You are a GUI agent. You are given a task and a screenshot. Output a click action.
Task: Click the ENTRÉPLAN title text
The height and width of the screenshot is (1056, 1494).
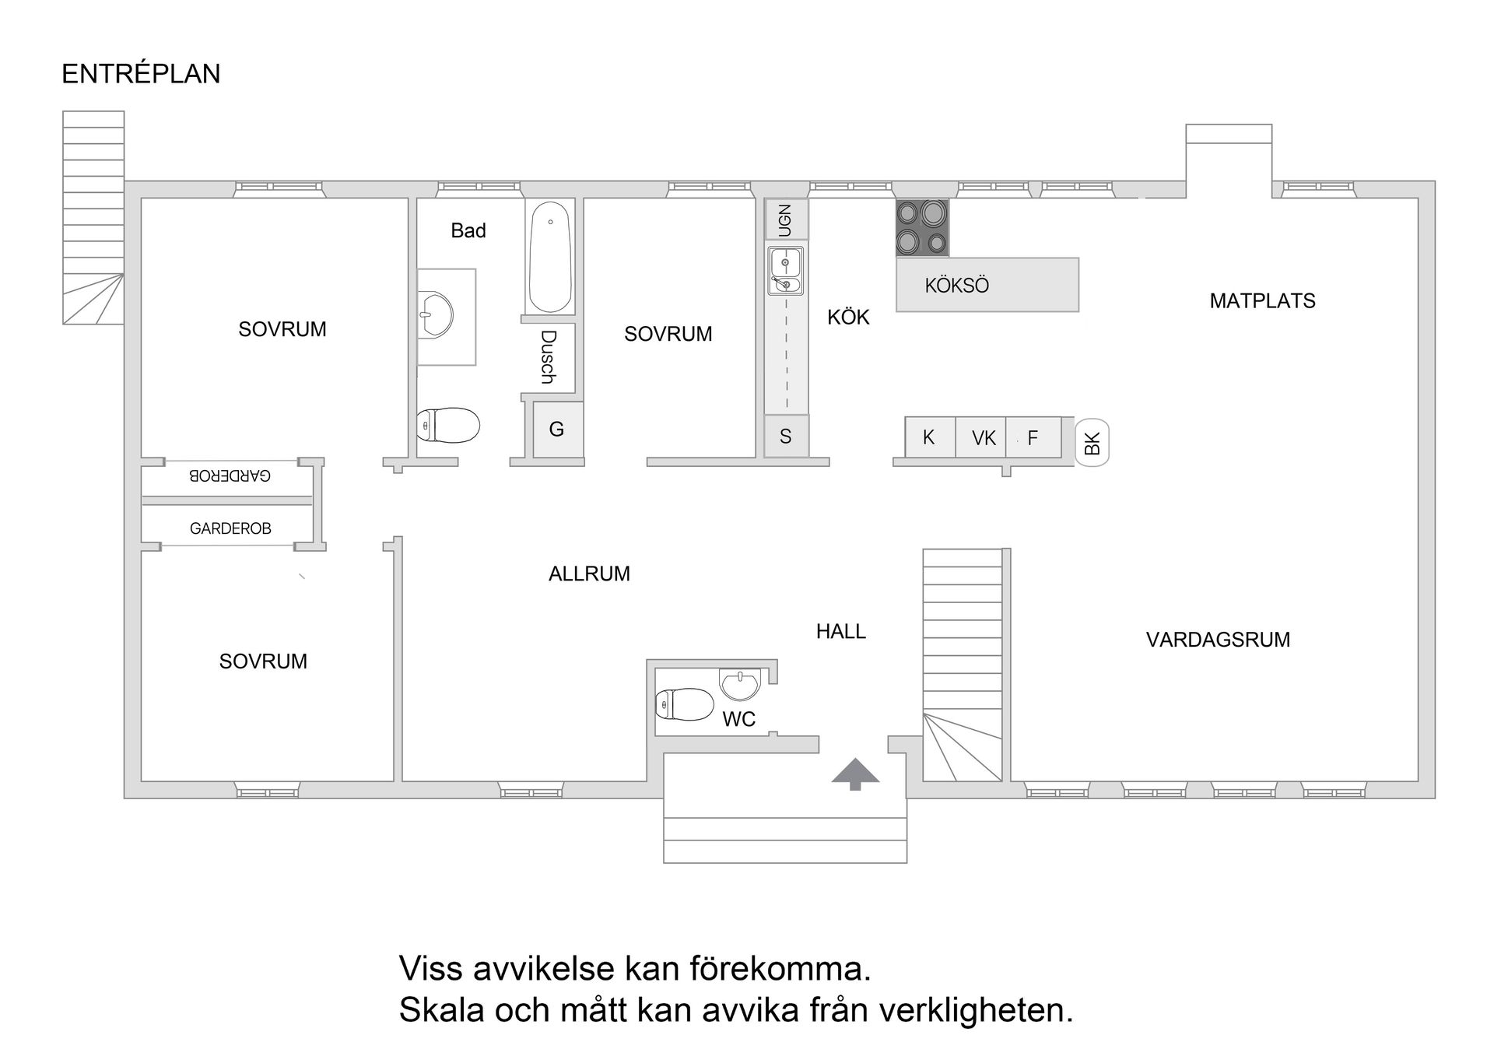pos(141,74)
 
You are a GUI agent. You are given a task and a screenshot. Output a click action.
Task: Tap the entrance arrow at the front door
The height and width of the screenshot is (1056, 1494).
pos(855,773)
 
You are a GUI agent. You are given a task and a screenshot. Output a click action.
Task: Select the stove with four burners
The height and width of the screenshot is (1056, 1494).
pos(922,228)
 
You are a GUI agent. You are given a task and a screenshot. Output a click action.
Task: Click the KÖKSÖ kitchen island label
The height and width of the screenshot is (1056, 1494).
pos(956,286)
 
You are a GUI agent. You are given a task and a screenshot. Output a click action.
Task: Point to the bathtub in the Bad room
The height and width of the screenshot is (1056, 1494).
pos(550,258)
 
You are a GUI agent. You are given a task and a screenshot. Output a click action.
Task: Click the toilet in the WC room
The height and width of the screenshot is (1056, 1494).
pos(684,705)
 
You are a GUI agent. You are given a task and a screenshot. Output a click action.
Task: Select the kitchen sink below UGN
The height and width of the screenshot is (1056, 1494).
pos(786,271)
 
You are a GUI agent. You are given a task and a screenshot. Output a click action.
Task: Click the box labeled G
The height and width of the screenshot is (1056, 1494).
pos(557,430)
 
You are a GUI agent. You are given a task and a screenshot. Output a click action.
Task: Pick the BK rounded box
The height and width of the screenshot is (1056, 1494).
pos(1092,444)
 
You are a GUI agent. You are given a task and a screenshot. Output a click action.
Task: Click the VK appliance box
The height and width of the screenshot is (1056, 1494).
pos(983,438)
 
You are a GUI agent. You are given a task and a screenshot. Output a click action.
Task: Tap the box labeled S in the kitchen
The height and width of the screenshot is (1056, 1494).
pos(786,437)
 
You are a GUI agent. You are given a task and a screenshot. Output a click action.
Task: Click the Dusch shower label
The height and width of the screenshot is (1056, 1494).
pos(549,357)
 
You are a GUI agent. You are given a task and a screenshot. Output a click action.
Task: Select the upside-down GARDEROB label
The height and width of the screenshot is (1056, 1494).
pos(230,475)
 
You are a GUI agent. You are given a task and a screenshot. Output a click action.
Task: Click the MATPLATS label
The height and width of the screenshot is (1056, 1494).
pos(1262,301)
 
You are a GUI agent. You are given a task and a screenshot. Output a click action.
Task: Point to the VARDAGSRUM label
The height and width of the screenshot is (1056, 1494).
pos(1218,640)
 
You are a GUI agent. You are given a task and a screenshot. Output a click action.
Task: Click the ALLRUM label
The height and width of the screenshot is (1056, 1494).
pos(589,574)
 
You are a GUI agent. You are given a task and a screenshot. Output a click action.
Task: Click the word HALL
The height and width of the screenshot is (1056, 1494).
pos(840,632)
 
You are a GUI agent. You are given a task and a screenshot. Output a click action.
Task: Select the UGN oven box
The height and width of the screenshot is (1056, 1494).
pos(786,219)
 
